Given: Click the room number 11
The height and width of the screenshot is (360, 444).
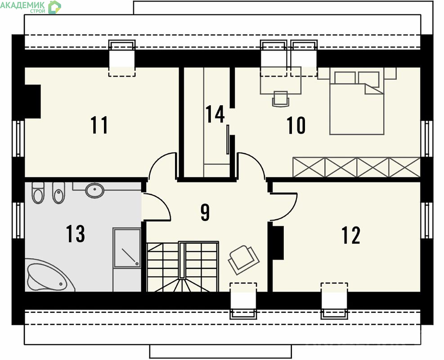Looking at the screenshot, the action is (x=99, y=125).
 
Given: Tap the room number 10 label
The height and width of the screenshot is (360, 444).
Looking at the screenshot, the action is (x=296, y=125).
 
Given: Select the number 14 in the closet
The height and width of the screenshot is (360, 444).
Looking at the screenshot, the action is (x=215, y=114).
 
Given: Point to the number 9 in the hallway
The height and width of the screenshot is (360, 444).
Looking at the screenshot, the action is (x=205, y=212).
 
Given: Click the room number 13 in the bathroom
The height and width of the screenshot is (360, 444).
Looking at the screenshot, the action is (x=76, y=234).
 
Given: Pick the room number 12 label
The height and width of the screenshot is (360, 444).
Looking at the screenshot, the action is (x=351, y=235).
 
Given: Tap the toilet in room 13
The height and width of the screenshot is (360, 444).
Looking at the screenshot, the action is (x=38, y=193).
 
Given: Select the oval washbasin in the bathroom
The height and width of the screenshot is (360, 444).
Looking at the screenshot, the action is (x=95, y=190).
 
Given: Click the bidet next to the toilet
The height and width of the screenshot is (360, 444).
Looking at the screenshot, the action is (x=58, y=193).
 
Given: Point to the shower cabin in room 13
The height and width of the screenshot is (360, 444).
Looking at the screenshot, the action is (x=127, y=247).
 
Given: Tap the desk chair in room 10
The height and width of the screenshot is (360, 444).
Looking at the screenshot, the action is (x=281, y=99).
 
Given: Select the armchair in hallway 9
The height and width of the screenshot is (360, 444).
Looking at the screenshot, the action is (x=244, y=260).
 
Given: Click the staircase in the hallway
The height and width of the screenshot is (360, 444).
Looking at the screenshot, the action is (x=183, y=266).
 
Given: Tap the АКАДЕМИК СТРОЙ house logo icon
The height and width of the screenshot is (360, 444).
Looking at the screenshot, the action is (x=54, y=7).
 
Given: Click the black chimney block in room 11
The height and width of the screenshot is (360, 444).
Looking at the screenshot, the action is (x=33, y=101).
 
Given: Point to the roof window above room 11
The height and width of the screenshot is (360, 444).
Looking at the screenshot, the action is (x=122, y=58).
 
